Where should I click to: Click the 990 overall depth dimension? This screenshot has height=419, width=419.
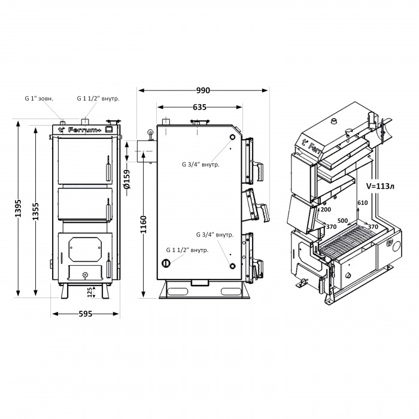(203, 90)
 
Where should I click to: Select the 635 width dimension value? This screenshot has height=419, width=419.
(199, 107)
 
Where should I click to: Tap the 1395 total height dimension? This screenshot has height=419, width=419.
(18, 208)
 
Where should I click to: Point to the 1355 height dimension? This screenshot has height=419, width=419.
(35, 211)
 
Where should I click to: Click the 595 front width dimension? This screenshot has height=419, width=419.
(86, 314)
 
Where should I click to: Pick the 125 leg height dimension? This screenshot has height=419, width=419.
(90, 292)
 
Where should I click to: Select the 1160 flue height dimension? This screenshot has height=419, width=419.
(144, 224)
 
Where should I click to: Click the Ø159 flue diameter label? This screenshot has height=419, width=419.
(127, 179)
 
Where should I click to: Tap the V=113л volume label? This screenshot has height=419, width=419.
(380, 186)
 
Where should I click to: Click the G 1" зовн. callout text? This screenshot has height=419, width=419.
(39, 98)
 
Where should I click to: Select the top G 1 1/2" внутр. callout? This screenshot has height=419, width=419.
(98, 98)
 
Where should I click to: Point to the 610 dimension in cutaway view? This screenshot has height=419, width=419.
(363, 203)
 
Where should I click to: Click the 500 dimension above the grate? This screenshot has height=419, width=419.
(342, 220)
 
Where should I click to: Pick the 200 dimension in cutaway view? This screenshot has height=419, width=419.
(326, 209)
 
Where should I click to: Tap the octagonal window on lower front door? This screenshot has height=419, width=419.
(85, 249)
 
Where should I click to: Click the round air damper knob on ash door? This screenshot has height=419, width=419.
(85, 274)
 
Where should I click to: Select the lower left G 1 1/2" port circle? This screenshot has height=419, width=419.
(166, 263)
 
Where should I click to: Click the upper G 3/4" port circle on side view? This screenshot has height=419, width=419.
(232, 137)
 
